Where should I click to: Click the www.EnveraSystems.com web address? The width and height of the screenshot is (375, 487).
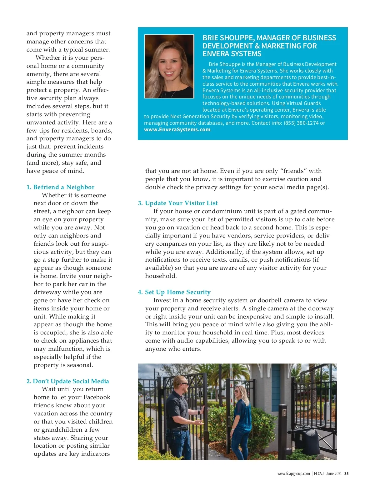coord(177,129)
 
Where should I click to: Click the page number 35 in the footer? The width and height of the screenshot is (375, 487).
coord(346,474)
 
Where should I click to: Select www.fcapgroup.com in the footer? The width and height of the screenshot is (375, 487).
coord(293,474)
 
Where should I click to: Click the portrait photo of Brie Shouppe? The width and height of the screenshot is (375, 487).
coord(169,66)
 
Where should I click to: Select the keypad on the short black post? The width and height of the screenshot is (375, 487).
coord(284,413)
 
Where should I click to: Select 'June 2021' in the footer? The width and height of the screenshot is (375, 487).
coord(334,474)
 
